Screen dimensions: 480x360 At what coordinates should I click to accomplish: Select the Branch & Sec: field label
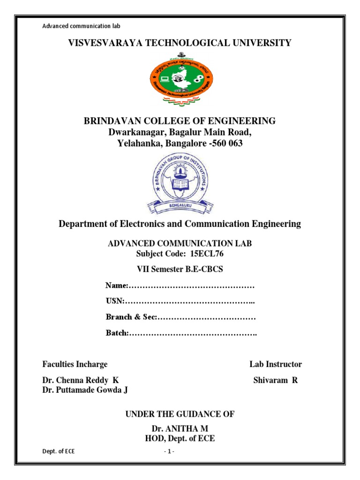(131, 317)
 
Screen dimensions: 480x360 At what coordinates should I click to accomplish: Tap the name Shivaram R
(275, 380)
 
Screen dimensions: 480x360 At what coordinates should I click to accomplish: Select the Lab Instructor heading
(275, 364)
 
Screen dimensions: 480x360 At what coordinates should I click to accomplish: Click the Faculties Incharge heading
(75, 364)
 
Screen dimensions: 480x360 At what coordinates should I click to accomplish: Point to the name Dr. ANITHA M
(180, 429)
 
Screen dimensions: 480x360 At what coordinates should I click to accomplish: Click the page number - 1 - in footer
(169, 451)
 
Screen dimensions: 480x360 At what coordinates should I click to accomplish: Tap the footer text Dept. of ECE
(58, 451)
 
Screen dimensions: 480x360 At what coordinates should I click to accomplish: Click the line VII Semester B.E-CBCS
(180, 270)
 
